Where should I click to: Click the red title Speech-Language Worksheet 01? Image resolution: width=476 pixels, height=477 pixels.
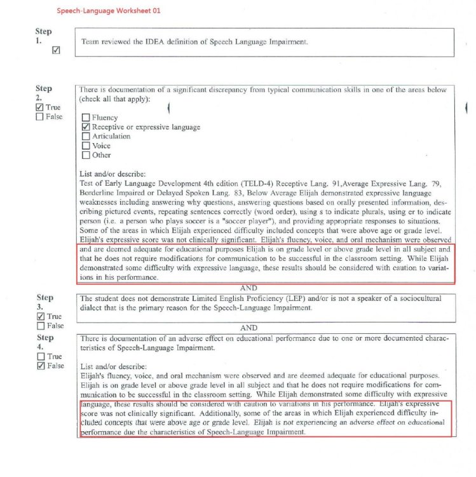108,11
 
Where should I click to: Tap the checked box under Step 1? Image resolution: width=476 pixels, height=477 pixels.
56,50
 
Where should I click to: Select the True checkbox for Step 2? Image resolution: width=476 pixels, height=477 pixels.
40,107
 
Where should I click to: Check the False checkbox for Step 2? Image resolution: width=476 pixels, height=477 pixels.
40,117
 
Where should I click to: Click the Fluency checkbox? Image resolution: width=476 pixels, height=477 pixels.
85,118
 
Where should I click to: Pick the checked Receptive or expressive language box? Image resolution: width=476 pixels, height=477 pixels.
85,127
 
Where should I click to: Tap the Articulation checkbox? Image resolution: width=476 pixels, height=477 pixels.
85,136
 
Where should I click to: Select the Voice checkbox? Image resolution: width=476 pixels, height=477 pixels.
85,146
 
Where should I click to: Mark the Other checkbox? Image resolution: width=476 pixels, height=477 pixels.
85,155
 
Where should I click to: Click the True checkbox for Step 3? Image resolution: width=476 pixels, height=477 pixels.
41,316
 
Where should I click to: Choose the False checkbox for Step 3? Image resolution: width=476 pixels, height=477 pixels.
41,326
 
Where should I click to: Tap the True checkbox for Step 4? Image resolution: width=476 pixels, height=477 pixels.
41,357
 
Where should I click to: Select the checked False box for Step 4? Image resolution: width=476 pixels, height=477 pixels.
41,366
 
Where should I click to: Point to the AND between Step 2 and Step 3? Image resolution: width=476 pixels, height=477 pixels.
248,287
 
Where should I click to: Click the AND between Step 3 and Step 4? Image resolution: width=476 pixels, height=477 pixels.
248,328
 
